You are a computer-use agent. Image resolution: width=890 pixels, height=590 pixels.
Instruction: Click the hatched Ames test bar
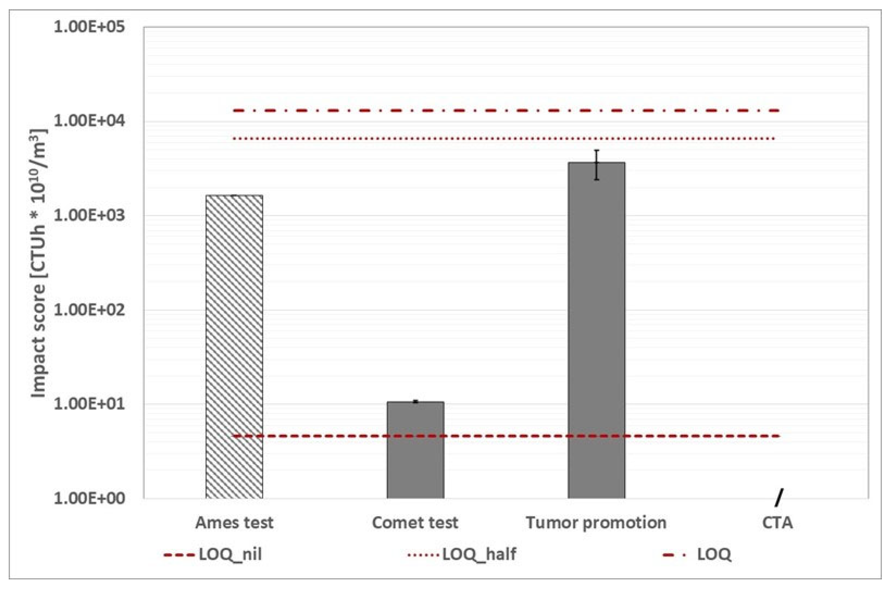click(x=234, y=346)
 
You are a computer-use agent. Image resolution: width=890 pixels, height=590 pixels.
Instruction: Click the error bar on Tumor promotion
click(x=596, y=165)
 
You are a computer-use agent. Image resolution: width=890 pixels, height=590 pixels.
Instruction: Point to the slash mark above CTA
click(x=778, y=498)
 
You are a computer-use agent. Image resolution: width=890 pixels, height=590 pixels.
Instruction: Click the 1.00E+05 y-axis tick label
click(x=89, y=27)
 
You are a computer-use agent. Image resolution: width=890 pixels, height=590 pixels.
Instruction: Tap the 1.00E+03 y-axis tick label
click(x=89, y=216)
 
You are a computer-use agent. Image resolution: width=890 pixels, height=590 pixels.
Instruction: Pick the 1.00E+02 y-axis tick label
click(x=89, y=310)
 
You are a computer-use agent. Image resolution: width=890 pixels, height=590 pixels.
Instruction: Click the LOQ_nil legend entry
click(x=213, y=554)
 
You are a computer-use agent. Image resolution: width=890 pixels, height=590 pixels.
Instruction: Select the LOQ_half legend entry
click(x=462, y=554)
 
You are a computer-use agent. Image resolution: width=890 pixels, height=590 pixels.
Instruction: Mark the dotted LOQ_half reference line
click(x=504, y=138)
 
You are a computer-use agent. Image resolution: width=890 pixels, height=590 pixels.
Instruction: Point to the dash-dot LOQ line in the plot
click(x=504, y=111)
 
